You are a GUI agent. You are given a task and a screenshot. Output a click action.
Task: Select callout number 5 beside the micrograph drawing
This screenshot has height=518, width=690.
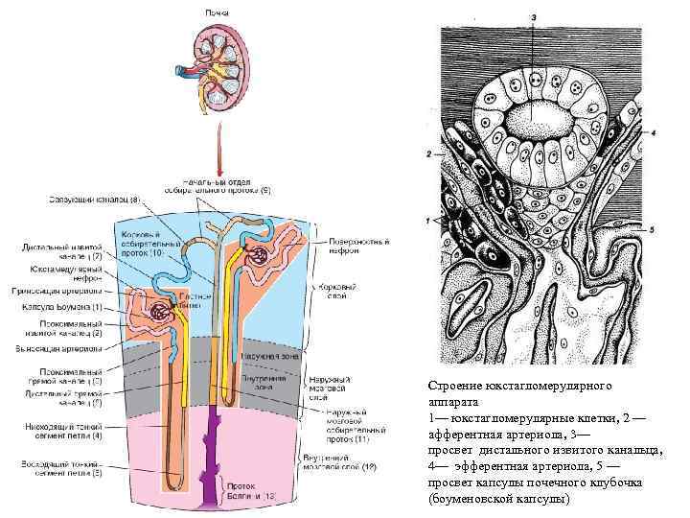651,230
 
